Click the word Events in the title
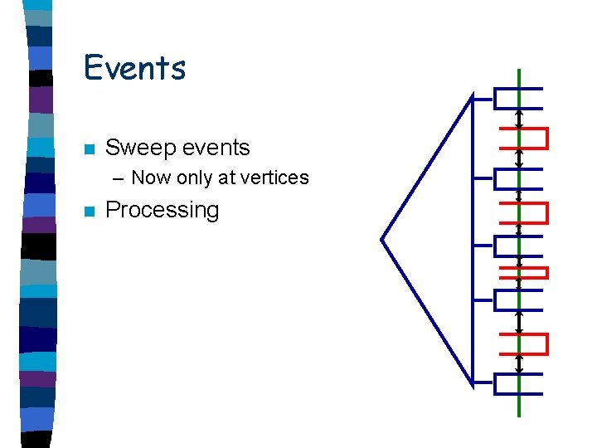click(x=134, y=67)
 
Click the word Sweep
click(x=136, y=149)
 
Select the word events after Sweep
click(x=211, y=148)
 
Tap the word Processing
click(x=163, y=210)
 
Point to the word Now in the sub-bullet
click(x=150, y=178)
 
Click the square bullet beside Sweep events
click(x=89, y=149)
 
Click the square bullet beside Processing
click(x=89, y=211)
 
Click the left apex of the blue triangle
click(x=381, y=240)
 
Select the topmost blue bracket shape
click(x=517, y=98)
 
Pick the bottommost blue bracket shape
click(x=517, y=383)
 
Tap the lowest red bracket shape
click(x=525, y=343)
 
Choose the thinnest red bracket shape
click(x=523, y=271)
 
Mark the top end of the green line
click(x=519, y=71)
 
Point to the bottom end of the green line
click(x=519, y=415)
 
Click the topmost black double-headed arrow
click(x=519, y=119)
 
